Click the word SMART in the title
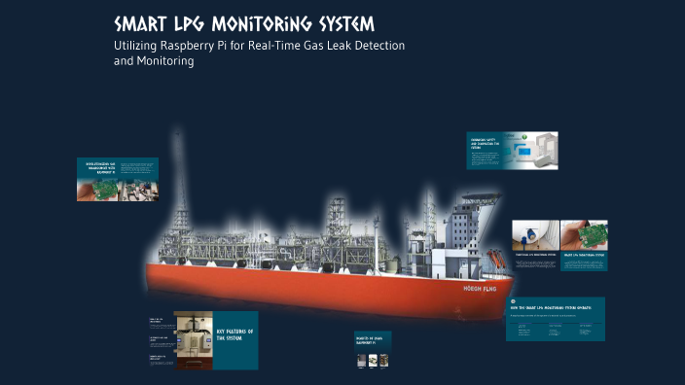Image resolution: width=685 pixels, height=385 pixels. click(140, 24)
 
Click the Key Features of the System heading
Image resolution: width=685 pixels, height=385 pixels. click(235, 336)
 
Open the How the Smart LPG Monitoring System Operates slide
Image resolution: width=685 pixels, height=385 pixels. click(555, 319)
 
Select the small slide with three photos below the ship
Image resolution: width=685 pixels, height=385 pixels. click(373, 351)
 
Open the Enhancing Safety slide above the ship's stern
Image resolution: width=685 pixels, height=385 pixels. click(512, 151)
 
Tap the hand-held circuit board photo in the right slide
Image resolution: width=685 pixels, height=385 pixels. click(584, 235)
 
